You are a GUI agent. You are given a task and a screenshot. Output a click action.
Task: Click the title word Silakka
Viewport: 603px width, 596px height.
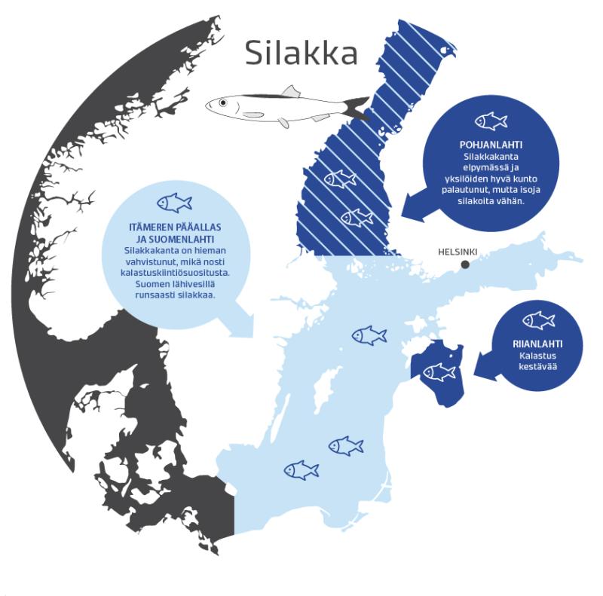[301, 53]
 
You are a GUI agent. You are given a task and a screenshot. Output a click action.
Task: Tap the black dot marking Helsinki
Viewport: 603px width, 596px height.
[465, 264]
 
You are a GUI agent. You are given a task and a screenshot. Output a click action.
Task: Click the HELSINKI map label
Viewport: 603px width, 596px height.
[458, 252]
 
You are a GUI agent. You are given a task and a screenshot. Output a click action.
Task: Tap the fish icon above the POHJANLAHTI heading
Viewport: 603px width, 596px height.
[491, 121]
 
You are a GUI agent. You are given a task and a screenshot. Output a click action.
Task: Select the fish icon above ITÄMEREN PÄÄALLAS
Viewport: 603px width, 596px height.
[174, 203]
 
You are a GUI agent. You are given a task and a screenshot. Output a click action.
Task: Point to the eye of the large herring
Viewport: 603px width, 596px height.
[222, 105]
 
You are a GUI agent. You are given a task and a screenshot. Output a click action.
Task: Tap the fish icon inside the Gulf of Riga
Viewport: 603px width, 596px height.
[439, 371]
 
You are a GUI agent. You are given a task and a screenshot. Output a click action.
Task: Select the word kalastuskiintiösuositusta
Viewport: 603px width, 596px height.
[174, 271]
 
